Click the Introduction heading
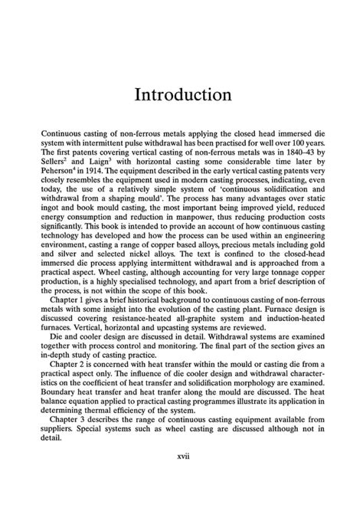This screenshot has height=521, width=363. pyautogui.click(x=181, y=95)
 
